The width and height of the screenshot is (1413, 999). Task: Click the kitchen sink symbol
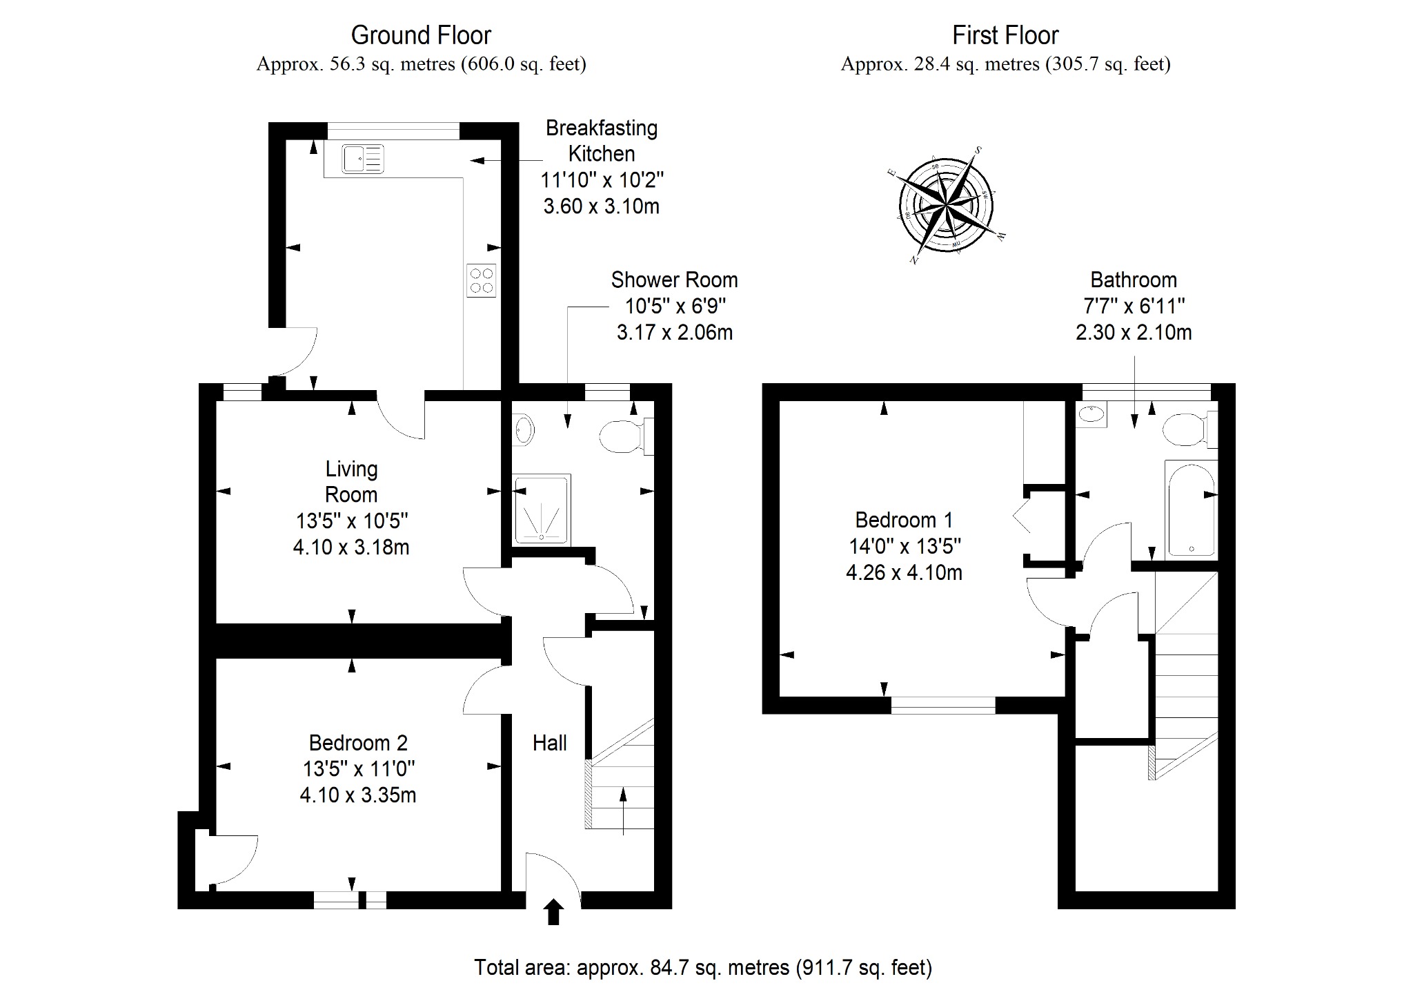[363, 159]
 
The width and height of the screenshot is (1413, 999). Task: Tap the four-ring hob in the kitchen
[482, 281]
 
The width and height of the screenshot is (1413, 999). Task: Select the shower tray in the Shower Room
[542, 509]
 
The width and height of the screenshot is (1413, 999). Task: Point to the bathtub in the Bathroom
[1191, 508]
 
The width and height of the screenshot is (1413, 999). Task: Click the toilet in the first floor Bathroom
[1189, 429]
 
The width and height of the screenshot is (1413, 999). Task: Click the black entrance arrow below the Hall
[553, 911]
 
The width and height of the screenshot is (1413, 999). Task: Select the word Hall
[550, 743]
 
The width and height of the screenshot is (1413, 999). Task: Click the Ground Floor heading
[421, 35]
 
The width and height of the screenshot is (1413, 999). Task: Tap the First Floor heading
[1005, 35]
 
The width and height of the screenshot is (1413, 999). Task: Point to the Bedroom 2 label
[358, 743]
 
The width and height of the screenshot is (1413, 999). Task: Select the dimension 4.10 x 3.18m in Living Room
[351, 547]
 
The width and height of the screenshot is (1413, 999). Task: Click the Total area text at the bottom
[703, 968]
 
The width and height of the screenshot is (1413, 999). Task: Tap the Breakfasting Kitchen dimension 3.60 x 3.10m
[602, 206]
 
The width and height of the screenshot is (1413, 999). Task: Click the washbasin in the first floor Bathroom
[1091, 414]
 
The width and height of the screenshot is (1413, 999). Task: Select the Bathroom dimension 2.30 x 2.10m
[1134, 333]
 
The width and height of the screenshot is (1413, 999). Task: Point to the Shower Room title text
[674, 280]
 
